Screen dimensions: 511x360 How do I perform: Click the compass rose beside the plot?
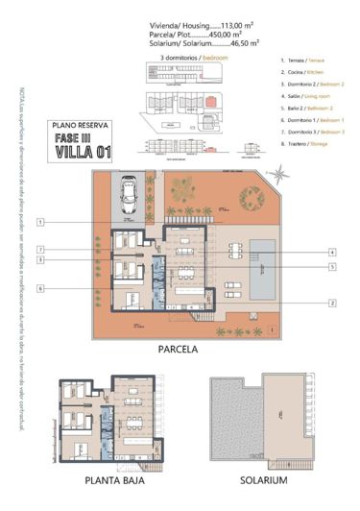[278, 175]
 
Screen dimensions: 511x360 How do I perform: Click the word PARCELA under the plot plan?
[178, 351]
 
